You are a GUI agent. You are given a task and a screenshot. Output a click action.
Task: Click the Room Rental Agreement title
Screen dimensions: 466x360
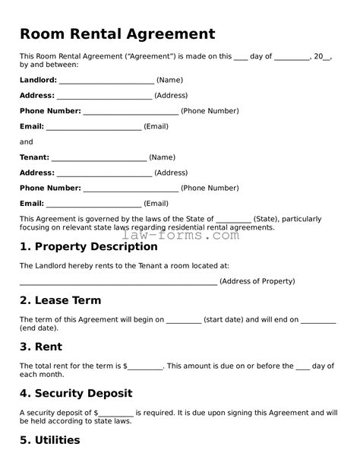pyautogui.click(x=117, y=34)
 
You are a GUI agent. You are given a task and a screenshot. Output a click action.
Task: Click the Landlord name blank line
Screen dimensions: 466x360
pyautogui.click(x=106, y=81)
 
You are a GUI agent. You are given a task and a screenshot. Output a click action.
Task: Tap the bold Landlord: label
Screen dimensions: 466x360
pyautogui.click(x=38, y=80)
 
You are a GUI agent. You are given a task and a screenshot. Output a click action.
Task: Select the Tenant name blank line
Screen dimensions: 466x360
pyautogui.click(x=99, y=158)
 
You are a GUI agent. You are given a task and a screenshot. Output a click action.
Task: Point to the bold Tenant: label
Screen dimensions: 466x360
pyautogui.click(x=34, y=157)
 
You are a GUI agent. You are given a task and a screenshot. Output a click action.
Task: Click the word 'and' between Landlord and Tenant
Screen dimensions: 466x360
pyautogui.click(x=27, y=142)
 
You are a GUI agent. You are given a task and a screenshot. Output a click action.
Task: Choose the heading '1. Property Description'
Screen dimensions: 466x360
pyautogui.click(x=88, y=247)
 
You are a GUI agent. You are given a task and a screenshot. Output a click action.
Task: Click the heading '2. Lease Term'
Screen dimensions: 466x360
pyautogui.click(x=60, y=300)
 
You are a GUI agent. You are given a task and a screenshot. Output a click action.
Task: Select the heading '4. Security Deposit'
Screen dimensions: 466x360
pyautogui.click(x=76, y=394)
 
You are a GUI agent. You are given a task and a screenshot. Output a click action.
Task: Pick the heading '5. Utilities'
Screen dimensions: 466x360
pyautogui.click(x=49, y=440)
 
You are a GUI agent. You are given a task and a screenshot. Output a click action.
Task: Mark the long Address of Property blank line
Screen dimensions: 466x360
pyautogui.click(x=118, y=282)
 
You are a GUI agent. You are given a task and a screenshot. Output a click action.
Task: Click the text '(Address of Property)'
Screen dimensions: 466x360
pyautogui.click(x=257, y=281)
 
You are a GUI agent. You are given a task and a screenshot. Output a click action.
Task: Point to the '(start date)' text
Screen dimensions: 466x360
pyautogui.click(x=223, y=320)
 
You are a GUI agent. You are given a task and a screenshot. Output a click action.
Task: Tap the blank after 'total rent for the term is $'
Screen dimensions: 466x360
pyautogui.click(x=146, y=367)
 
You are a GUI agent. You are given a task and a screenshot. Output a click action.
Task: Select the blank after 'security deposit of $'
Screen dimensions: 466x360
pyautogui.click(x=117, y=414)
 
